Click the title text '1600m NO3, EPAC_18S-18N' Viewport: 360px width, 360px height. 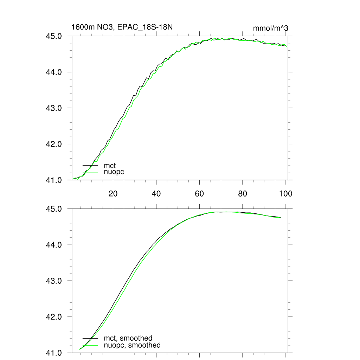[x=122, y=27]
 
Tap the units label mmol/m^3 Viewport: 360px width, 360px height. [x=270, y=28]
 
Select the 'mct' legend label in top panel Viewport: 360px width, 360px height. [x=110, y=165]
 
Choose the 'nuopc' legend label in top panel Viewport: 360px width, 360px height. [x=114, y=172]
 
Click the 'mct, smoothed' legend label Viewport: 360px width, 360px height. [x=128, y=338]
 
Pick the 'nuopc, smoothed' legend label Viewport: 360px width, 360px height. [x=132, y=345]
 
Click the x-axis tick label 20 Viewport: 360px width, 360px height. [x=113, y=193]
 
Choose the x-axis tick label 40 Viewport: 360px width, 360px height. [x=156, y=193]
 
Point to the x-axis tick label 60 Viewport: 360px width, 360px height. [x=199, y=193]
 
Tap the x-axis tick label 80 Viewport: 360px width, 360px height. [x=243, y=193]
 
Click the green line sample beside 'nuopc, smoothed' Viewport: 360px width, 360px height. [x=90, y=345]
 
